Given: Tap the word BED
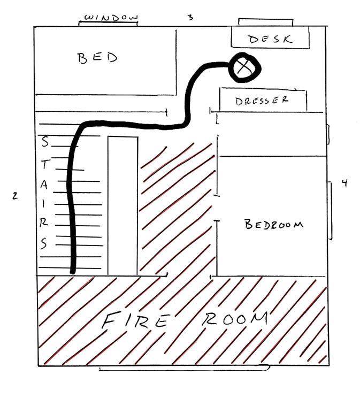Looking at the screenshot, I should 97,58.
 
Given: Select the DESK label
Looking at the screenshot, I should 270,39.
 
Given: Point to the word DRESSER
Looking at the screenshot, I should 262,100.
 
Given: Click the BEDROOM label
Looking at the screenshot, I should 274,224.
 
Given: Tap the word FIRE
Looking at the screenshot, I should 136,322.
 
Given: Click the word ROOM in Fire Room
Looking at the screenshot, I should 235,319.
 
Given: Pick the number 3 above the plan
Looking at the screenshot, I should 190,17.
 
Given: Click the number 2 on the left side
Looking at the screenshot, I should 15,196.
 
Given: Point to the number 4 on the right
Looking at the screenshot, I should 344,183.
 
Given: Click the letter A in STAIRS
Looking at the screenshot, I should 45,185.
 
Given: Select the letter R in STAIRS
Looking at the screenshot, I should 45,221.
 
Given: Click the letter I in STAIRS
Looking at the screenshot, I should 44,203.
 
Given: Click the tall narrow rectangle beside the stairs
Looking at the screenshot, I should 122,206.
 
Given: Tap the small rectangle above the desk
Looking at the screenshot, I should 265,22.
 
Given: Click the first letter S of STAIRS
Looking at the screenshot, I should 45,142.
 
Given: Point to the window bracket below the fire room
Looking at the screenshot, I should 183,368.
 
